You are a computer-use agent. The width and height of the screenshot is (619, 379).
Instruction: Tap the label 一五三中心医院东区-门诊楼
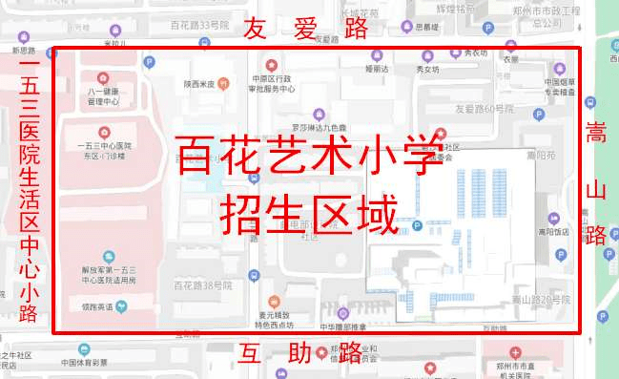point(105,151)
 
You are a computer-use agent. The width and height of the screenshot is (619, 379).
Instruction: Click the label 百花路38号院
point(203,285)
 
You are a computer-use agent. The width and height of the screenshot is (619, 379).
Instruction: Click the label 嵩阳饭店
point(553,231)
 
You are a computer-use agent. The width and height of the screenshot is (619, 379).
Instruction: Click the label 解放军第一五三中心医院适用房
point(108,276)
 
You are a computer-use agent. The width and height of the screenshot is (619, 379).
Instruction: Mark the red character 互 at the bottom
point(252,355)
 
